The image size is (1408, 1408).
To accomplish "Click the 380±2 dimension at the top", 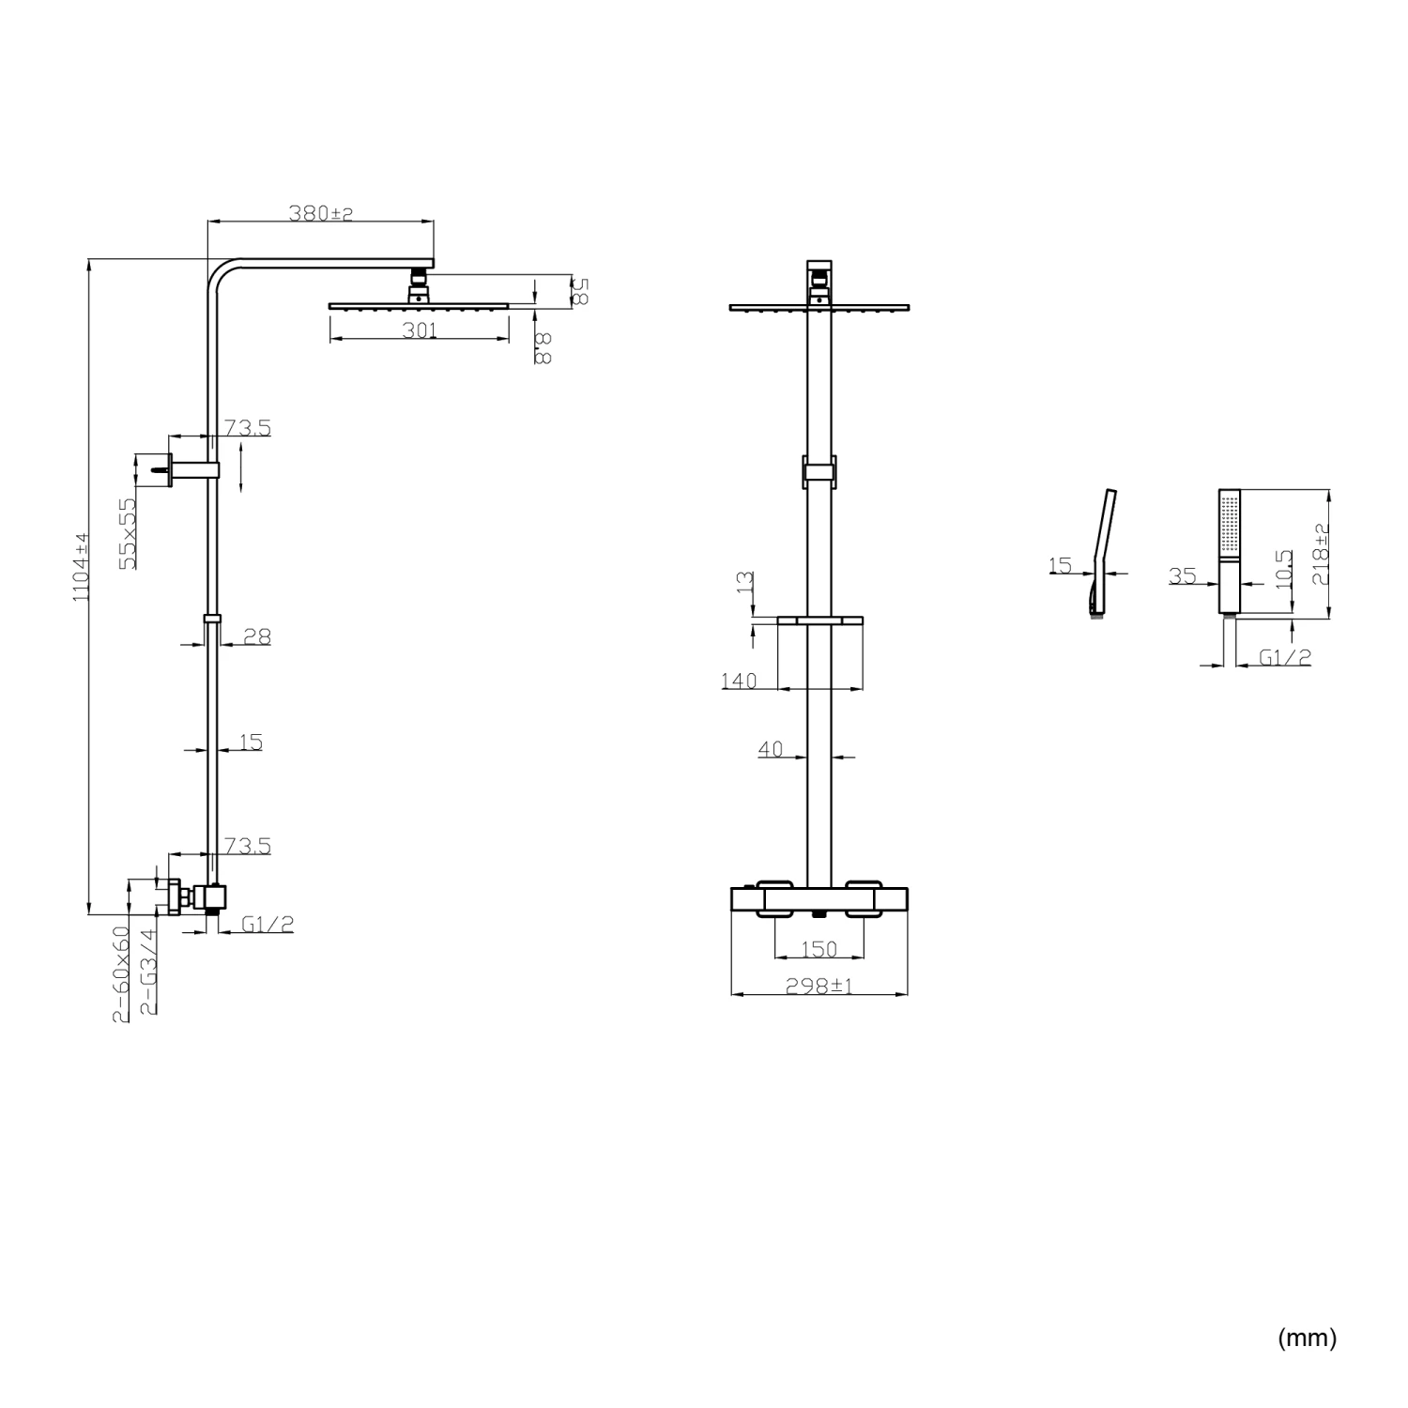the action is point(321,214).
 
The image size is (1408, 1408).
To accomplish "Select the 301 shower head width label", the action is point(419,330).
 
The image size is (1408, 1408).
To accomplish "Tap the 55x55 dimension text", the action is point(128,533).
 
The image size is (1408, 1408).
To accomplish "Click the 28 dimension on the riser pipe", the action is point(257,636).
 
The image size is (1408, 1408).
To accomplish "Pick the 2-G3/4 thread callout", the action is point(147,972).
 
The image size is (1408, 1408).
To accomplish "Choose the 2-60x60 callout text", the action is point(121,974).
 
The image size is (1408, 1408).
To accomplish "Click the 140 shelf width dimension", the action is point(739,681).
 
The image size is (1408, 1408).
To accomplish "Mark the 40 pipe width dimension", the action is point(771,749).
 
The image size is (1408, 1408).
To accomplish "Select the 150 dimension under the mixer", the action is point(819,950).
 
